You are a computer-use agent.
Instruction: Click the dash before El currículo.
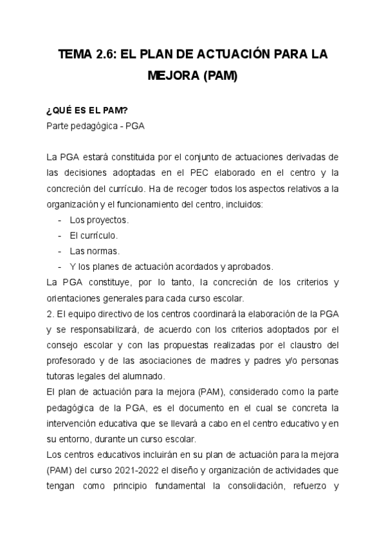coord(60,235)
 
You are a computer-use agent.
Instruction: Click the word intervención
coord(75,423)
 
